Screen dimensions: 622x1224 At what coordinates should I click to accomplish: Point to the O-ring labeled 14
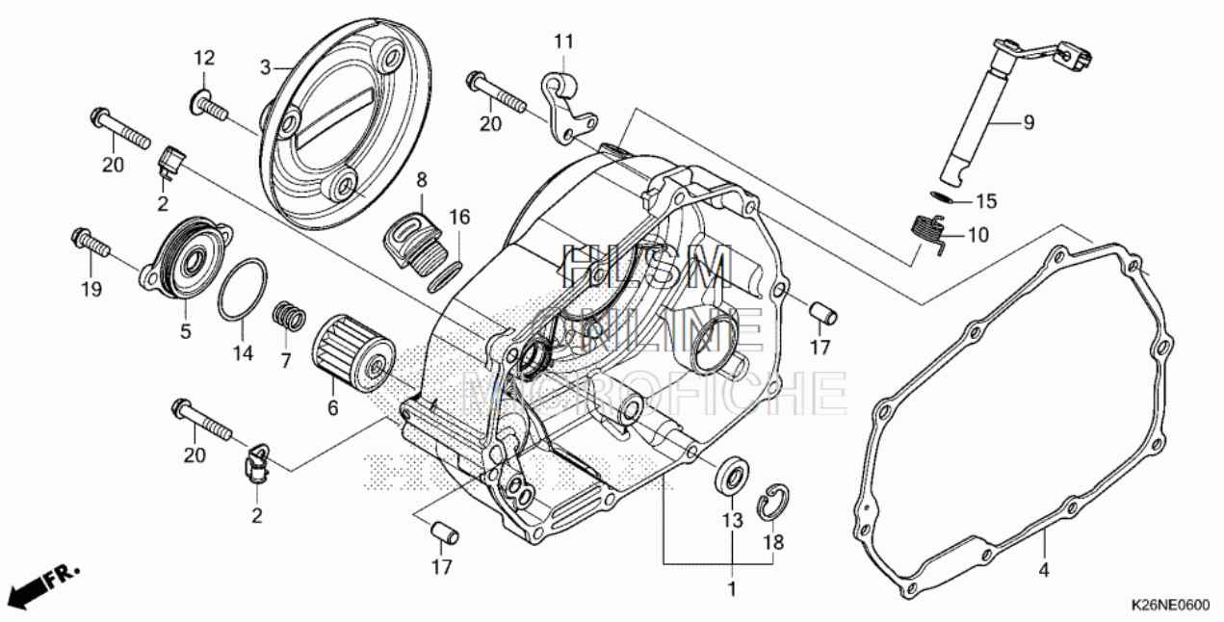point(241,290)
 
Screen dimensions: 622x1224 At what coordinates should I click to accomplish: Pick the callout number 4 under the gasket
point(1043,569)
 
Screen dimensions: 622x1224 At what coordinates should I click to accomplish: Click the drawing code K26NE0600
point(1169,605)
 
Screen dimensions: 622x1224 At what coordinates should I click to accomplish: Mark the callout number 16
point(459,218)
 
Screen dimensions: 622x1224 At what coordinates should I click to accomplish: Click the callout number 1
point(731,587)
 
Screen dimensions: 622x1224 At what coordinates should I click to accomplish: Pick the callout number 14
point(242,353)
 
